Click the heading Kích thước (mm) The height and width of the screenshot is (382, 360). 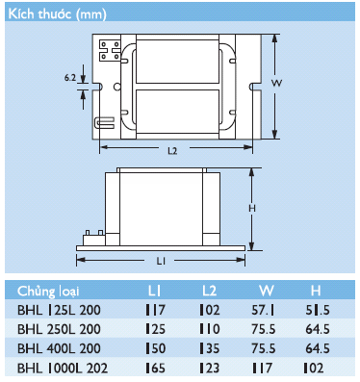tap(57, 14)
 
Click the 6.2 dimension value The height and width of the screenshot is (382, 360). tap(70, 77)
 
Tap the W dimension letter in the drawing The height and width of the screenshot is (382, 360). tap(276, 83)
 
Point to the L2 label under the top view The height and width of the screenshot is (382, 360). tap(172, 151)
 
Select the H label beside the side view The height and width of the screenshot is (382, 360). tap(252, 209)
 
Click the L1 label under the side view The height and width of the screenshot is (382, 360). tap(161, 262)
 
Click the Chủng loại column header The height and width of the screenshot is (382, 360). tap(48, 292)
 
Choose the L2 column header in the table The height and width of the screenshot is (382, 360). tap(209, 291)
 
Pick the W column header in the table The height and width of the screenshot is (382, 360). tap(267, 291)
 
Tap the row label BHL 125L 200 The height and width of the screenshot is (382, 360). tap(59, 310)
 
